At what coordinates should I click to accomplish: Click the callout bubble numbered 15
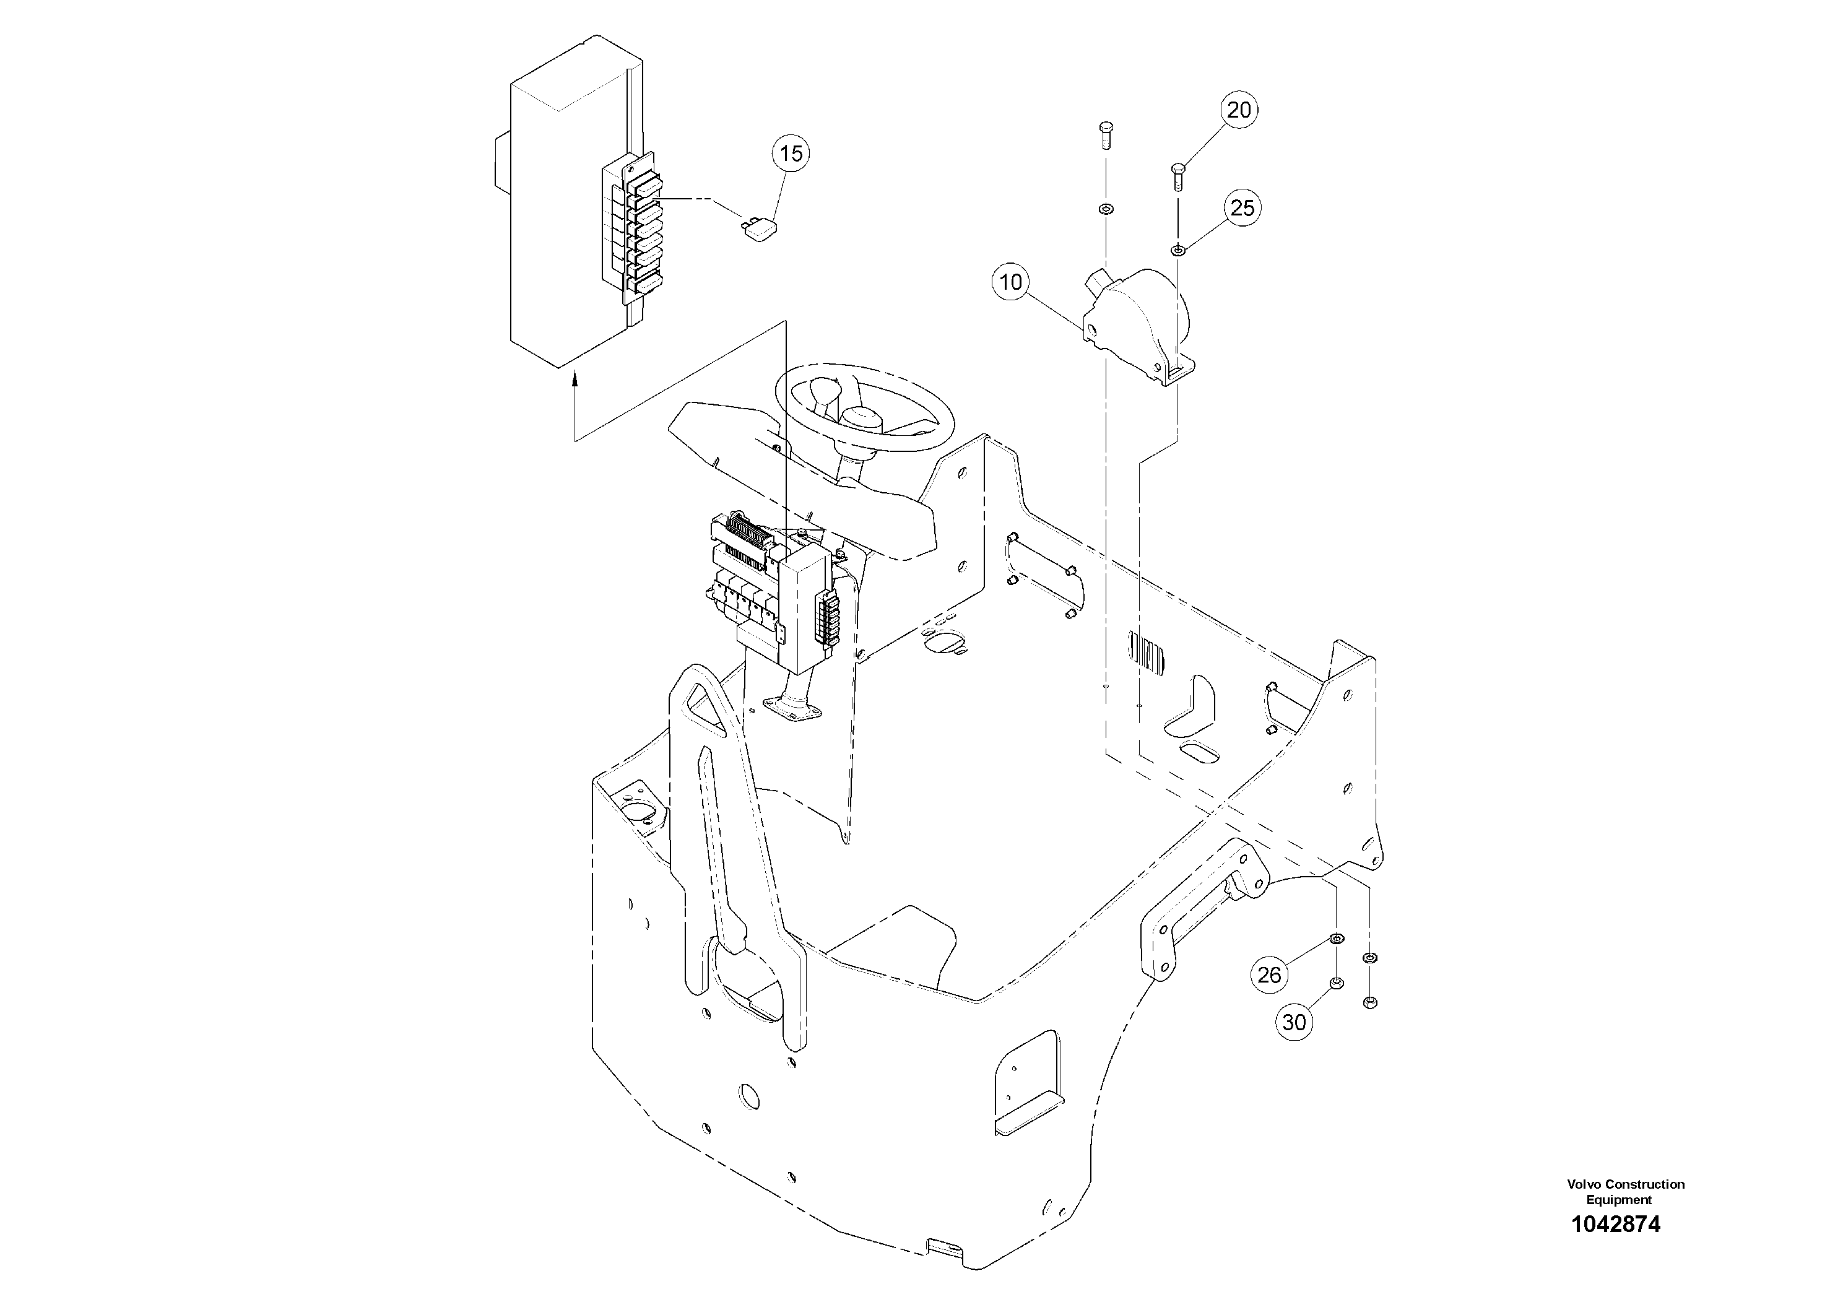791,154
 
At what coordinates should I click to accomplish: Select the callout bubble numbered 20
1239,110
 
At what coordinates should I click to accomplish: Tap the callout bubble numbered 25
1242,208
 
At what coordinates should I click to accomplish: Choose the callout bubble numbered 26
1269,974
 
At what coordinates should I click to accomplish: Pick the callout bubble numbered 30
1294,1023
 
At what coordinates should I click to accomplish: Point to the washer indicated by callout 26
1337,939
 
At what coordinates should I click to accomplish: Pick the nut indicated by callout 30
1337,983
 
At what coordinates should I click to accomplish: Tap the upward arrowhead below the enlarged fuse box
575,379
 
